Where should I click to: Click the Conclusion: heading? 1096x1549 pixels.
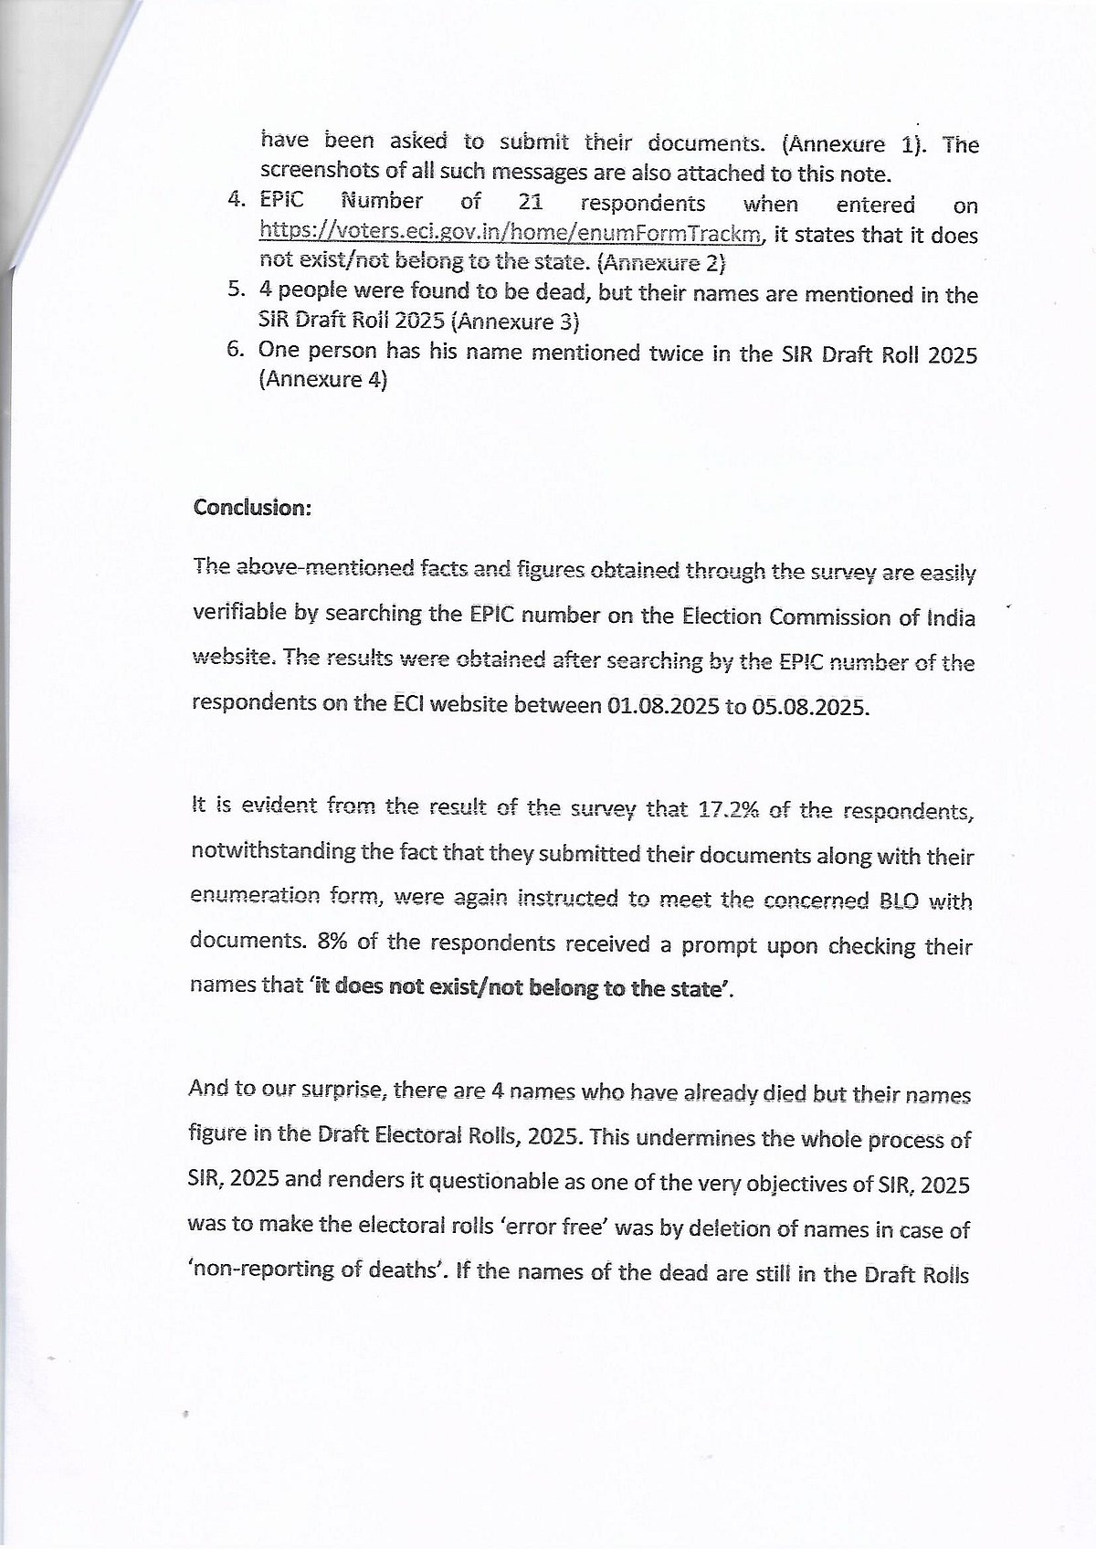tap(252, 508)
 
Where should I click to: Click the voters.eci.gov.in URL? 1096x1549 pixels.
tap(511, 234)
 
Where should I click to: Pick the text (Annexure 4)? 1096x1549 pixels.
tap(323, 380)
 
